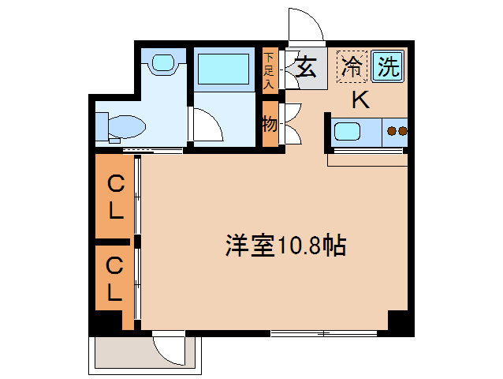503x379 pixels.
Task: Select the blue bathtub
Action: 223,69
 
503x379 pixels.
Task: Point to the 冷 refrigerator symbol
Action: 352,66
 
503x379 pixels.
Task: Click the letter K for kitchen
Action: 360,99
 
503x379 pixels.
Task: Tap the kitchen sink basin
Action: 348,131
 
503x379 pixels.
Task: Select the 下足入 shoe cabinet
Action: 270,70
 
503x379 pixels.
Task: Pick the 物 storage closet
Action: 270,123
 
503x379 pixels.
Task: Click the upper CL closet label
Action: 115,197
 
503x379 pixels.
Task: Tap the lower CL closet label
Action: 115,280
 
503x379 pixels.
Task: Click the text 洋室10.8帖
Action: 285,246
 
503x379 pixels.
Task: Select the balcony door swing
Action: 170,347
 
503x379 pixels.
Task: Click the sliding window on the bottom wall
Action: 323,332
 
